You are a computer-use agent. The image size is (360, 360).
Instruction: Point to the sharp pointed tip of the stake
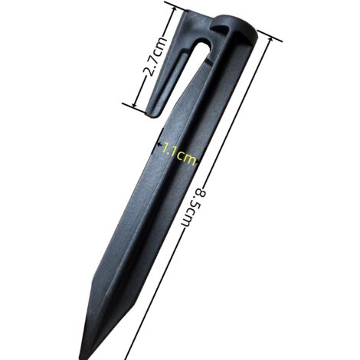(x=82, y=355)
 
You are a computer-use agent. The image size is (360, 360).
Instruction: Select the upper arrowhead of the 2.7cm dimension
(x=175, y=10)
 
